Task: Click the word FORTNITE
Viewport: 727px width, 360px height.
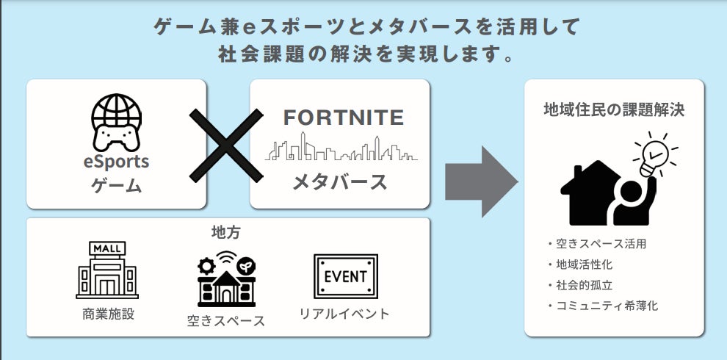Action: click(x=344, y=118)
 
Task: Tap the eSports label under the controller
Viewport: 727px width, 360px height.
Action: click(x=116, y=161)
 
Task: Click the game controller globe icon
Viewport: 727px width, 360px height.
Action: click(x=116, y=121)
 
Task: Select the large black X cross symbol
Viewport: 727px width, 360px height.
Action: click(x=226, y=145)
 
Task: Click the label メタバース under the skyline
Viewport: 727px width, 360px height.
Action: click(x=340, y=182)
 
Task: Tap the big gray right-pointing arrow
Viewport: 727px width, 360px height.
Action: click(x=481, y=181)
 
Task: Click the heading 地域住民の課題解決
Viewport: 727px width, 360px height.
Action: click(x=614, y=110)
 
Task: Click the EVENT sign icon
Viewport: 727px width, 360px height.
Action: click(x=345, y=276)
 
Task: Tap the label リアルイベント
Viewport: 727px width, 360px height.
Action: click(x=344, y=314)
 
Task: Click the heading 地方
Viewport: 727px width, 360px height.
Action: click(x=225, y=233)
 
